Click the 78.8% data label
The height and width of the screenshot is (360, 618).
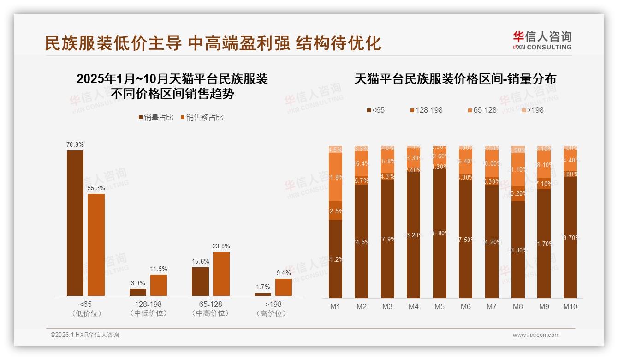click(75, 144)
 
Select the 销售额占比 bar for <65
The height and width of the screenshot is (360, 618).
click(96, 245)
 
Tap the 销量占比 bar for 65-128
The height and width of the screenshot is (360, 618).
click(200, 281)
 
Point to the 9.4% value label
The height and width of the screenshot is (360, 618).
click(284, 273)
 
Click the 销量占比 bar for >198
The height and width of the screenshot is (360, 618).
click(263, 294)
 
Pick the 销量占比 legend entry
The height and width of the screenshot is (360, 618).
click(155, 118)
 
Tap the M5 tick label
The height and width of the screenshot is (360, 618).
click(440, 306)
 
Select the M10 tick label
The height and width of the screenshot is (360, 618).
click(570, 306)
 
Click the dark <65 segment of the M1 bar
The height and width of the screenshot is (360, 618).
click(335, 259)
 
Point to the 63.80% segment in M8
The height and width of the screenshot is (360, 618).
click(518, 249)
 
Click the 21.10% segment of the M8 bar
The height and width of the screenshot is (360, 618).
click(518, 169)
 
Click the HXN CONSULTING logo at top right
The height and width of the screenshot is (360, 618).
click(542, 41)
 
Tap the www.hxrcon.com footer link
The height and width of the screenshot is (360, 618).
click(536, 335)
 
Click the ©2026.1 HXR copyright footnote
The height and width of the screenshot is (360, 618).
click(85, 335)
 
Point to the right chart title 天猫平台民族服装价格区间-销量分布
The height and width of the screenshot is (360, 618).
click(455, 79)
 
